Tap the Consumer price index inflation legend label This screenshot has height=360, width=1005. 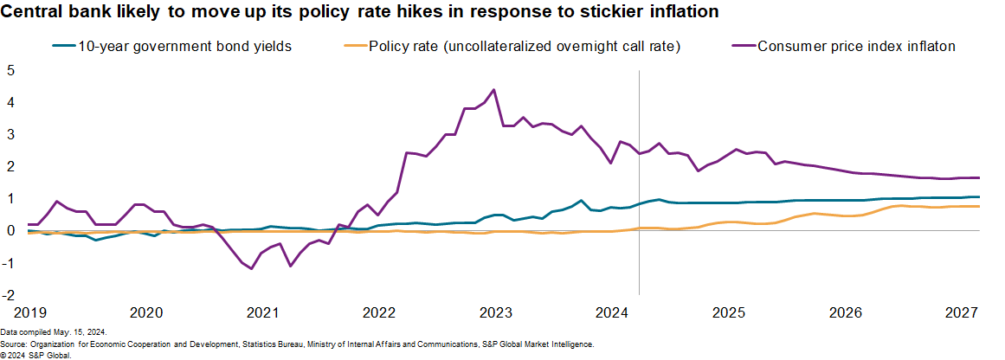click(x=857, y=47)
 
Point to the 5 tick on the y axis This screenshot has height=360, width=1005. click(x=10, y=70)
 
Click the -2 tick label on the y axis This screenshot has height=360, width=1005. click(x=8, y=295)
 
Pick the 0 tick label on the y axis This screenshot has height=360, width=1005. click(x=10, y=231)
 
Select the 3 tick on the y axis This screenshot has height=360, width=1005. click(x=10, y=134)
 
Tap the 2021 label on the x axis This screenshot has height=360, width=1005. click(x=262, y=312)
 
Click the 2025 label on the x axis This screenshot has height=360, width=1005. click(x=729, y=312)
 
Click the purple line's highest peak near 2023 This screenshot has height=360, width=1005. click(x=493, y=89)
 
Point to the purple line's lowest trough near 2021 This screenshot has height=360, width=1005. click(x=252, y=268)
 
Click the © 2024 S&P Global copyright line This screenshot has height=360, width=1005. click(x=35, y=355)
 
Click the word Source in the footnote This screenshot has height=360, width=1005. click(x=14, y=344)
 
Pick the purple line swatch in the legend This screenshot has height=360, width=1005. click(x=741, y=47)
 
